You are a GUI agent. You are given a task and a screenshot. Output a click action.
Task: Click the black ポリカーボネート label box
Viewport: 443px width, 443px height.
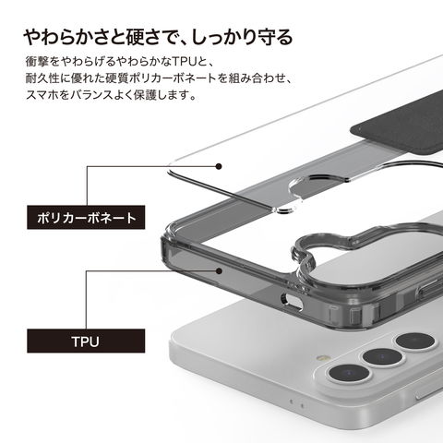coord(86,217)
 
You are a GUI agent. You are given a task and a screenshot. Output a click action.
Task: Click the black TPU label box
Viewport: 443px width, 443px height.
coord(86,341)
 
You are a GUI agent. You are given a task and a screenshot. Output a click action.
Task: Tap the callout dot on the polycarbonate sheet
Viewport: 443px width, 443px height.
coord(219,166)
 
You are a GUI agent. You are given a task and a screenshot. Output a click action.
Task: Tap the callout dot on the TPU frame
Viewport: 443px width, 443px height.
coord(219,271)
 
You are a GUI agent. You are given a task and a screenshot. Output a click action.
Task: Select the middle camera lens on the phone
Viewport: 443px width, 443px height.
coord(382,357)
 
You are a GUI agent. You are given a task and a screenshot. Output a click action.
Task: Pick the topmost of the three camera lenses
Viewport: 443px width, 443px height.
coord(415,341)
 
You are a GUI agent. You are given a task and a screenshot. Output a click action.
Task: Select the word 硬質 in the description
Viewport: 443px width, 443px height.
coord(117,78)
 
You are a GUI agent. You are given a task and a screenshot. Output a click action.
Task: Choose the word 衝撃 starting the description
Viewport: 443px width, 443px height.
coord(37,62)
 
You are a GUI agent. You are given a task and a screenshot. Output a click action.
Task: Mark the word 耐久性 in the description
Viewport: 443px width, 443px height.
coord(42,78)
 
